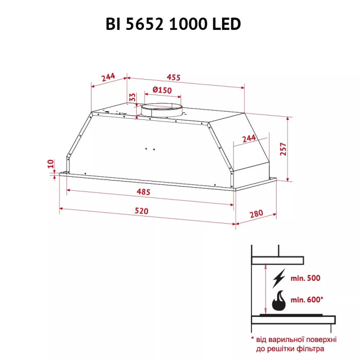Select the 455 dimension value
click(x=173, y=78)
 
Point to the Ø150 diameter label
click(x=162, y=91)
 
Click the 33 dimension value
click(x=132, y=97)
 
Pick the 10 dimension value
click(x=50, y=164)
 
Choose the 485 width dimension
click(x=143, y=192)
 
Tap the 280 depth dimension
click(x=256, y=214)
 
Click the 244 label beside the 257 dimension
click(x=248, y=139)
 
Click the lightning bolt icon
click(x=279, y=278)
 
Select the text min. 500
click(x=306, y=278)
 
